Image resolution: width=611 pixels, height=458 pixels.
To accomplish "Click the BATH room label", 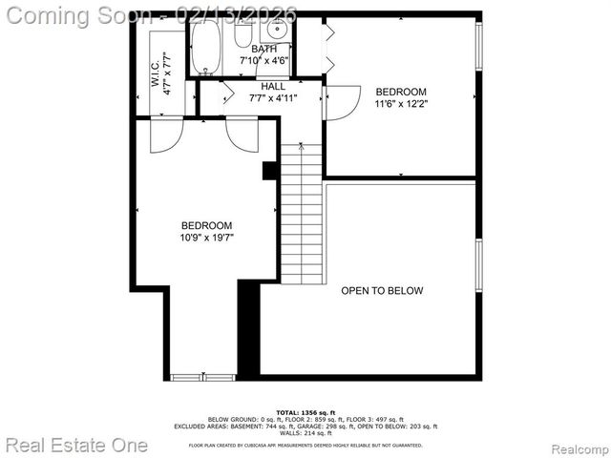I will (264, 48).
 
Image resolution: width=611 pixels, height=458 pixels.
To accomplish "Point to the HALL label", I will (273, 86).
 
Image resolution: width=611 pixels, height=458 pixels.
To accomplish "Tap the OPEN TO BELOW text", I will (382, 291).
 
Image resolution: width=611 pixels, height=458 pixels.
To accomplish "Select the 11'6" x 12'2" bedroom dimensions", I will (401, 105).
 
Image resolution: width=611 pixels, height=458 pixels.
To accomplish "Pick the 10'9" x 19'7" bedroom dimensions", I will (207, 238).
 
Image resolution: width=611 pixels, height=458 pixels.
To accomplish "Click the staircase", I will (302, 215).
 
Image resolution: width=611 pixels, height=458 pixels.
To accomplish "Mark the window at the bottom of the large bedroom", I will (202, 377).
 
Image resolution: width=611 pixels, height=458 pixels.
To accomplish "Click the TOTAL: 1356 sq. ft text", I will (305, 412).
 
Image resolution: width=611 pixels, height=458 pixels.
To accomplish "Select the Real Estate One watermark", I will (76, 445).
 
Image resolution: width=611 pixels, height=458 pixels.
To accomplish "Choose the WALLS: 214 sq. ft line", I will (305, 432).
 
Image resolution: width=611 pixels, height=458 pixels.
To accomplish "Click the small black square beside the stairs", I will (270, 171).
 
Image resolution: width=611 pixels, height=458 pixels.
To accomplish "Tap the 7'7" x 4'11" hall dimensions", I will (273, 97).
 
